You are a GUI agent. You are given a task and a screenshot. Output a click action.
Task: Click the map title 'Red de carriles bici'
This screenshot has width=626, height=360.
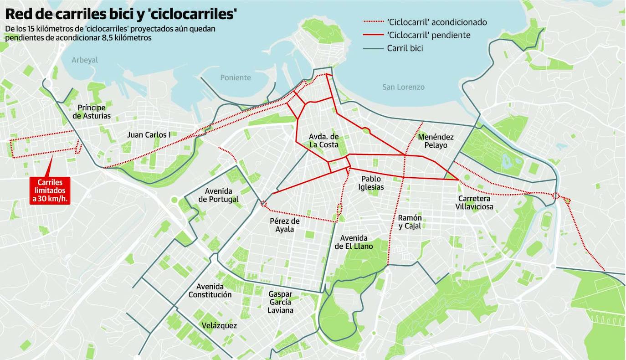tap(121, 14)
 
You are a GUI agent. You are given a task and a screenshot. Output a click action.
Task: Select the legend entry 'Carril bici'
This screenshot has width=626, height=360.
tap(405, 48)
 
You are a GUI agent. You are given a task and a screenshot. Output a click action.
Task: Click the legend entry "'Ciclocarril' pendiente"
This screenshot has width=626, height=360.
tap(428, 35)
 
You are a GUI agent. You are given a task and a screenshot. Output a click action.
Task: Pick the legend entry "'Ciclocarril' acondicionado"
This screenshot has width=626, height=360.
tap(436, 22)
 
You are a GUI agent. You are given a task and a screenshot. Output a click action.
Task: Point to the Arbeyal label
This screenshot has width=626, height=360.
tap(85, 60)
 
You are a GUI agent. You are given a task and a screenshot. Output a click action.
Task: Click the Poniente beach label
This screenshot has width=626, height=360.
tap(236, 77)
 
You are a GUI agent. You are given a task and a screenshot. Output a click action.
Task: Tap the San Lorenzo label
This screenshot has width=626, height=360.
tap(403, 87)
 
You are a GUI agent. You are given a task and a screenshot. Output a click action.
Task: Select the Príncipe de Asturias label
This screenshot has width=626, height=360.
tap(92, 112)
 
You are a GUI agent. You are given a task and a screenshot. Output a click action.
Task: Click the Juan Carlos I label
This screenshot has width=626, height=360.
tap(149, 135)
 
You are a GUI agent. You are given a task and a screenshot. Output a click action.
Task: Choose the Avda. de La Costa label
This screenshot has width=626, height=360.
tap(323, 141)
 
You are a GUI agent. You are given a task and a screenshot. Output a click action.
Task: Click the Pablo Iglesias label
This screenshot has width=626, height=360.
tap(371, 183)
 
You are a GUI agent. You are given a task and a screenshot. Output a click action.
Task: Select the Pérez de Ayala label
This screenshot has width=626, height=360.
tap(285, 225)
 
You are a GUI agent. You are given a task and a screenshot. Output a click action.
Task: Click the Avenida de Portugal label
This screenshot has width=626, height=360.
tap(221, 195)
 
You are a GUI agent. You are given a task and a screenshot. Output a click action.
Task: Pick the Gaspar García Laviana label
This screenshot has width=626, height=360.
tap(281, 302)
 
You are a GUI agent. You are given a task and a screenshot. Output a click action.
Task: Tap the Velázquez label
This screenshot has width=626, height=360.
tap(219, 325)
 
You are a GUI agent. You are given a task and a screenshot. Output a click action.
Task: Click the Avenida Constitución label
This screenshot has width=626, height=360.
tap(210, 290)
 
